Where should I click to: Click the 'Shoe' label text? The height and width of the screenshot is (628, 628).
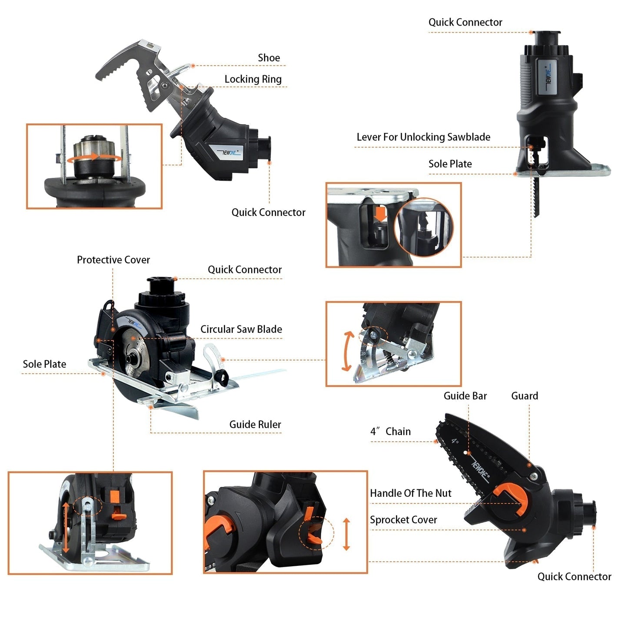tap(269, 58)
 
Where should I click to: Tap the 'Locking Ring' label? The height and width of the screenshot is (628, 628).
tap(253, 79)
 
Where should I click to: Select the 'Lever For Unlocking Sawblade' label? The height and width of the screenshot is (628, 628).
tap(423, 137)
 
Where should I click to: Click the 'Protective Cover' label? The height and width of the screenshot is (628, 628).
tap(113, 260)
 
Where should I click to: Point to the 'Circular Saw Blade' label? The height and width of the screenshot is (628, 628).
tap(241, 329)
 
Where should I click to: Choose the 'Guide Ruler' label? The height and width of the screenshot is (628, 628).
tap(255, 425)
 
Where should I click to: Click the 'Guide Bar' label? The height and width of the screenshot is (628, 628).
tap(465, 396)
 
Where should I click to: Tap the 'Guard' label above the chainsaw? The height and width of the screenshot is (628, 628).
tap(525, 396)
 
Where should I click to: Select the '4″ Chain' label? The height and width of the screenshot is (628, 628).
tap(390, 432)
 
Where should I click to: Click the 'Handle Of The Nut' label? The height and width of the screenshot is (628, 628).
tap(411, 493)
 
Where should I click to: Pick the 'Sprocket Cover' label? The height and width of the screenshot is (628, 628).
tap(403, 520)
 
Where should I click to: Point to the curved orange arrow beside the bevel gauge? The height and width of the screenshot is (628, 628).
tap(347, 351)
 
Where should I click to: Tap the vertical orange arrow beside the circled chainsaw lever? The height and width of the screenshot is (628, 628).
tap(346, 534)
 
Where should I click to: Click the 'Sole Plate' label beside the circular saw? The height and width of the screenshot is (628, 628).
tap(44, 364)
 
